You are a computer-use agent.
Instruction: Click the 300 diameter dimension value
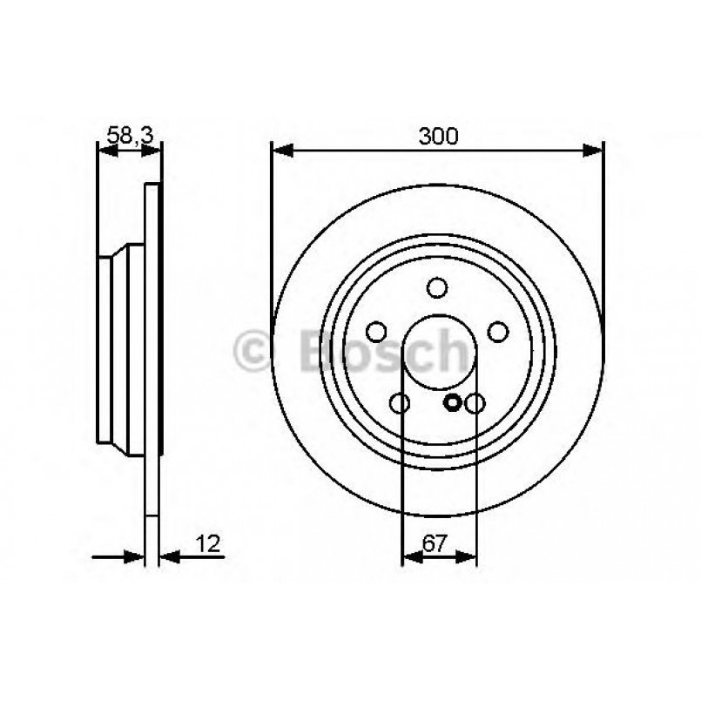pos(437,136)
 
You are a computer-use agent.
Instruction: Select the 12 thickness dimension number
pos(209,544)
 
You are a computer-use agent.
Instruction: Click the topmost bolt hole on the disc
pos(437,288)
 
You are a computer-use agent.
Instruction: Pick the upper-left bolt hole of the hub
pos(377,332)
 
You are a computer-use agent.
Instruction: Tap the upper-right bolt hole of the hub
pos(497,332)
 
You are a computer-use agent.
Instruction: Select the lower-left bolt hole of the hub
pos(401,403)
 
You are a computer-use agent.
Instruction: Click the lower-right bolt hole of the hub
pos(475,403)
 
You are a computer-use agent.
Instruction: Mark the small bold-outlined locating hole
pos(452,402)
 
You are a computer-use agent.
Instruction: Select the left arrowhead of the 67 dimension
pos(409,556)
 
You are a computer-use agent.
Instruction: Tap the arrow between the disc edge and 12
pos(171,556)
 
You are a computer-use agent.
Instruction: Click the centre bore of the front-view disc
pos(437,353)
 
